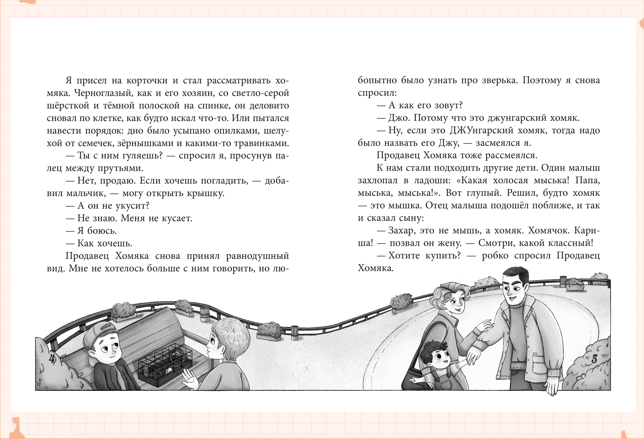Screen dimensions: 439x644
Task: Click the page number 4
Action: tap(52, 358)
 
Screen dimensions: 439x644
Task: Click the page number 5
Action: tap(594, 359)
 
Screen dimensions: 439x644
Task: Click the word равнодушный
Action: tap(257, 256)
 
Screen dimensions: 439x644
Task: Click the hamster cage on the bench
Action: tap(165, 364)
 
